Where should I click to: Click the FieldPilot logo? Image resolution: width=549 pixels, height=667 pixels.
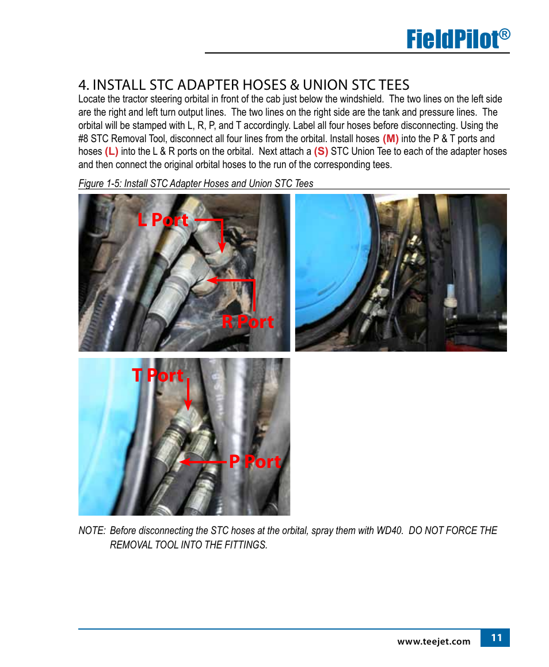click(458, 39)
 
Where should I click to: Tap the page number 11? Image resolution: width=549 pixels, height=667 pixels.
click(496, 638)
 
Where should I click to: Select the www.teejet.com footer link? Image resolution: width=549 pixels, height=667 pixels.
click(434, 642)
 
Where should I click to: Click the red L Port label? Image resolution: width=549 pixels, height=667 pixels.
click(163, 219)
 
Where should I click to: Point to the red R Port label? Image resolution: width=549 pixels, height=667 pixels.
click(247, 322)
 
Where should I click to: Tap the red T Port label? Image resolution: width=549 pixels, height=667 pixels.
click(158, 375)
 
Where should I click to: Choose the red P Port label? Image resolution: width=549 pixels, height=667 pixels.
click(255, 462)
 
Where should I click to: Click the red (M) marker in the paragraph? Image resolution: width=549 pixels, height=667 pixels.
click(390, 139)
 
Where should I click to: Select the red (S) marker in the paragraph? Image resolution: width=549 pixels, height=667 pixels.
click(321, 151)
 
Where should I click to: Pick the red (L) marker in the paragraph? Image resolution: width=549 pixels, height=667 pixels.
click(112, 151)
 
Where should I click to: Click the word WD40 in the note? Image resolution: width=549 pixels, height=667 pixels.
click(390, 531)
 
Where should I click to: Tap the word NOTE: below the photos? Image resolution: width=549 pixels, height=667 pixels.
click(92, 531)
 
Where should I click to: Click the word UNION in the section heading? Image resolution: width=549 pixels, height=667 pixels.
click(326, 85)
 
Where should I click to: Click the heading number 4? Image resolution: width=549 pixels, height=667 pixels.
click(83, 85)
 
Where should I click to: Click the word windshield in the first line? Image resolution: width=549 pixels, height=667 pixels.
click(361, 99)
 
